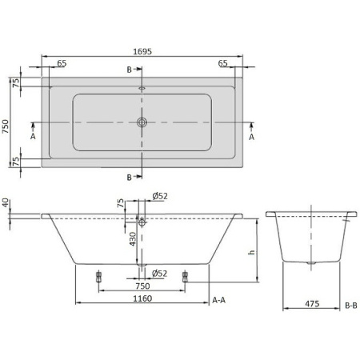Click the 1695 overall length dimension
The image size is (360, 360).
click(142, 50)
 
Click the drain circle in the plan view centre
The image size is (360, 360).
click(142, 122)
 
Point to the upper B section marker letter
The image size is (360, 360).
click(130, 70)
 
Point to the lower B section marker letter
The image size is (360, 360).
click(130, 177)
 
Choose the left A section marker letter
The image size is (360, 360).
click(33, 137)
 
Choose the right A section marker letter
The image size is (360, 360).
click(251, 137)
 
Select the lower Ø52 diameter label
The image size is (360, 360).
click(159, 274)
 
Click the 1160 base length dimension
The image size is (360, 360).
click(140, 298)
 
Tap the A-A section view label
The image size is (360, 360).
click(219, 299)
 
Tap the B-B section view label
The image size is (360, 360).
click(350, 305)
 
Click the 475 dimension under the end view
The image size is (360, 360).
click(313, 305)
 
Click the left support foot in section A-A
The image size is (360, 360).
click(98, 275)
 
